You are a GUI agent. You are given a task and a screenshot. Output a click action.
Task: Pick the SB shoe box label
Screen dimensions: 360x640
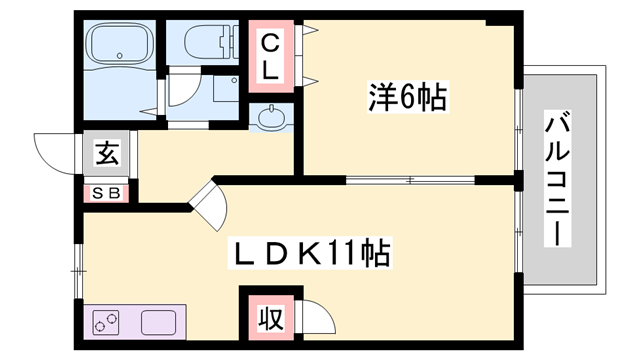click(106, 193)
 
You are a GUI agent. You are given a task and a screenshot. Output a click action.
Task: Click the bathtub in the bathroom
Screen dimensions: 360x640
click(119, 45)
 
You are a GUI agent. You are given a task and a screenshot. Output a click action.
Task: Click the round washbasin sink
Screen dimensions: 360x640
click(270, 118)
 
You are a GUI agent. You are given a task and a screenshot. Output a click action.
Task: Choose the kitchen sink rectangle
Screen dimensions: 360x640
click(160, 323)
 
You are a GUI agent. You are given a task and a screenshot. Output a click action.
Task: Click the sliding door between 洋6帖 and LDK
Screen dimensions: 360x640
click(410, 180)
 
